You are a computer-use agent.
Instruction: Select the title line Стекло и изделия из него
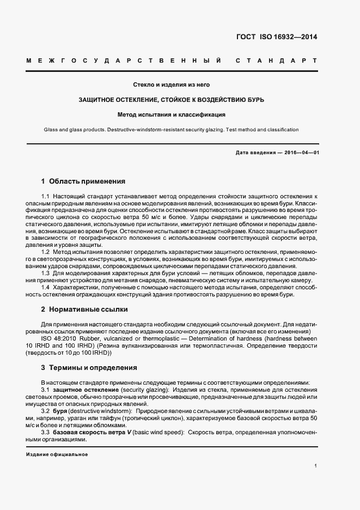172,85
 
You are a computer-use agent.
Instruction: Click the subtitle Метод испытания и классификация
172,115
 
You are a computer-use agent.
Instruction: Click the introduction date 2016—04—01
299,152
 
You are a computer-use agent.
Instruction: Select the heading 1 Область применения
83,181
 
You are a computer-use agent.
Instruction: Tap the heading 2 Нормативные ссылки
84,309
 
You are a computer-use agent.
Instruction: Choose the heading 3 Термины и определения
89,368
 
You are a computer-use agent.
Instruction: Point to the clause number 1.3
46,272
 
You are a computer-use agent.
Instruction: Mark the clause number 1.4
46,287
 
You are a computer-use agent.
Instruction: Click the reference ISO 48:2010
58,338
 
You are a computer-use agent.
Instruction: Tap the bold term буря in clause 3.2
60,410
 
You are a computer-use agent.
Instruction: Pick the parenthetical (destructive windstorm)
100,410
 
